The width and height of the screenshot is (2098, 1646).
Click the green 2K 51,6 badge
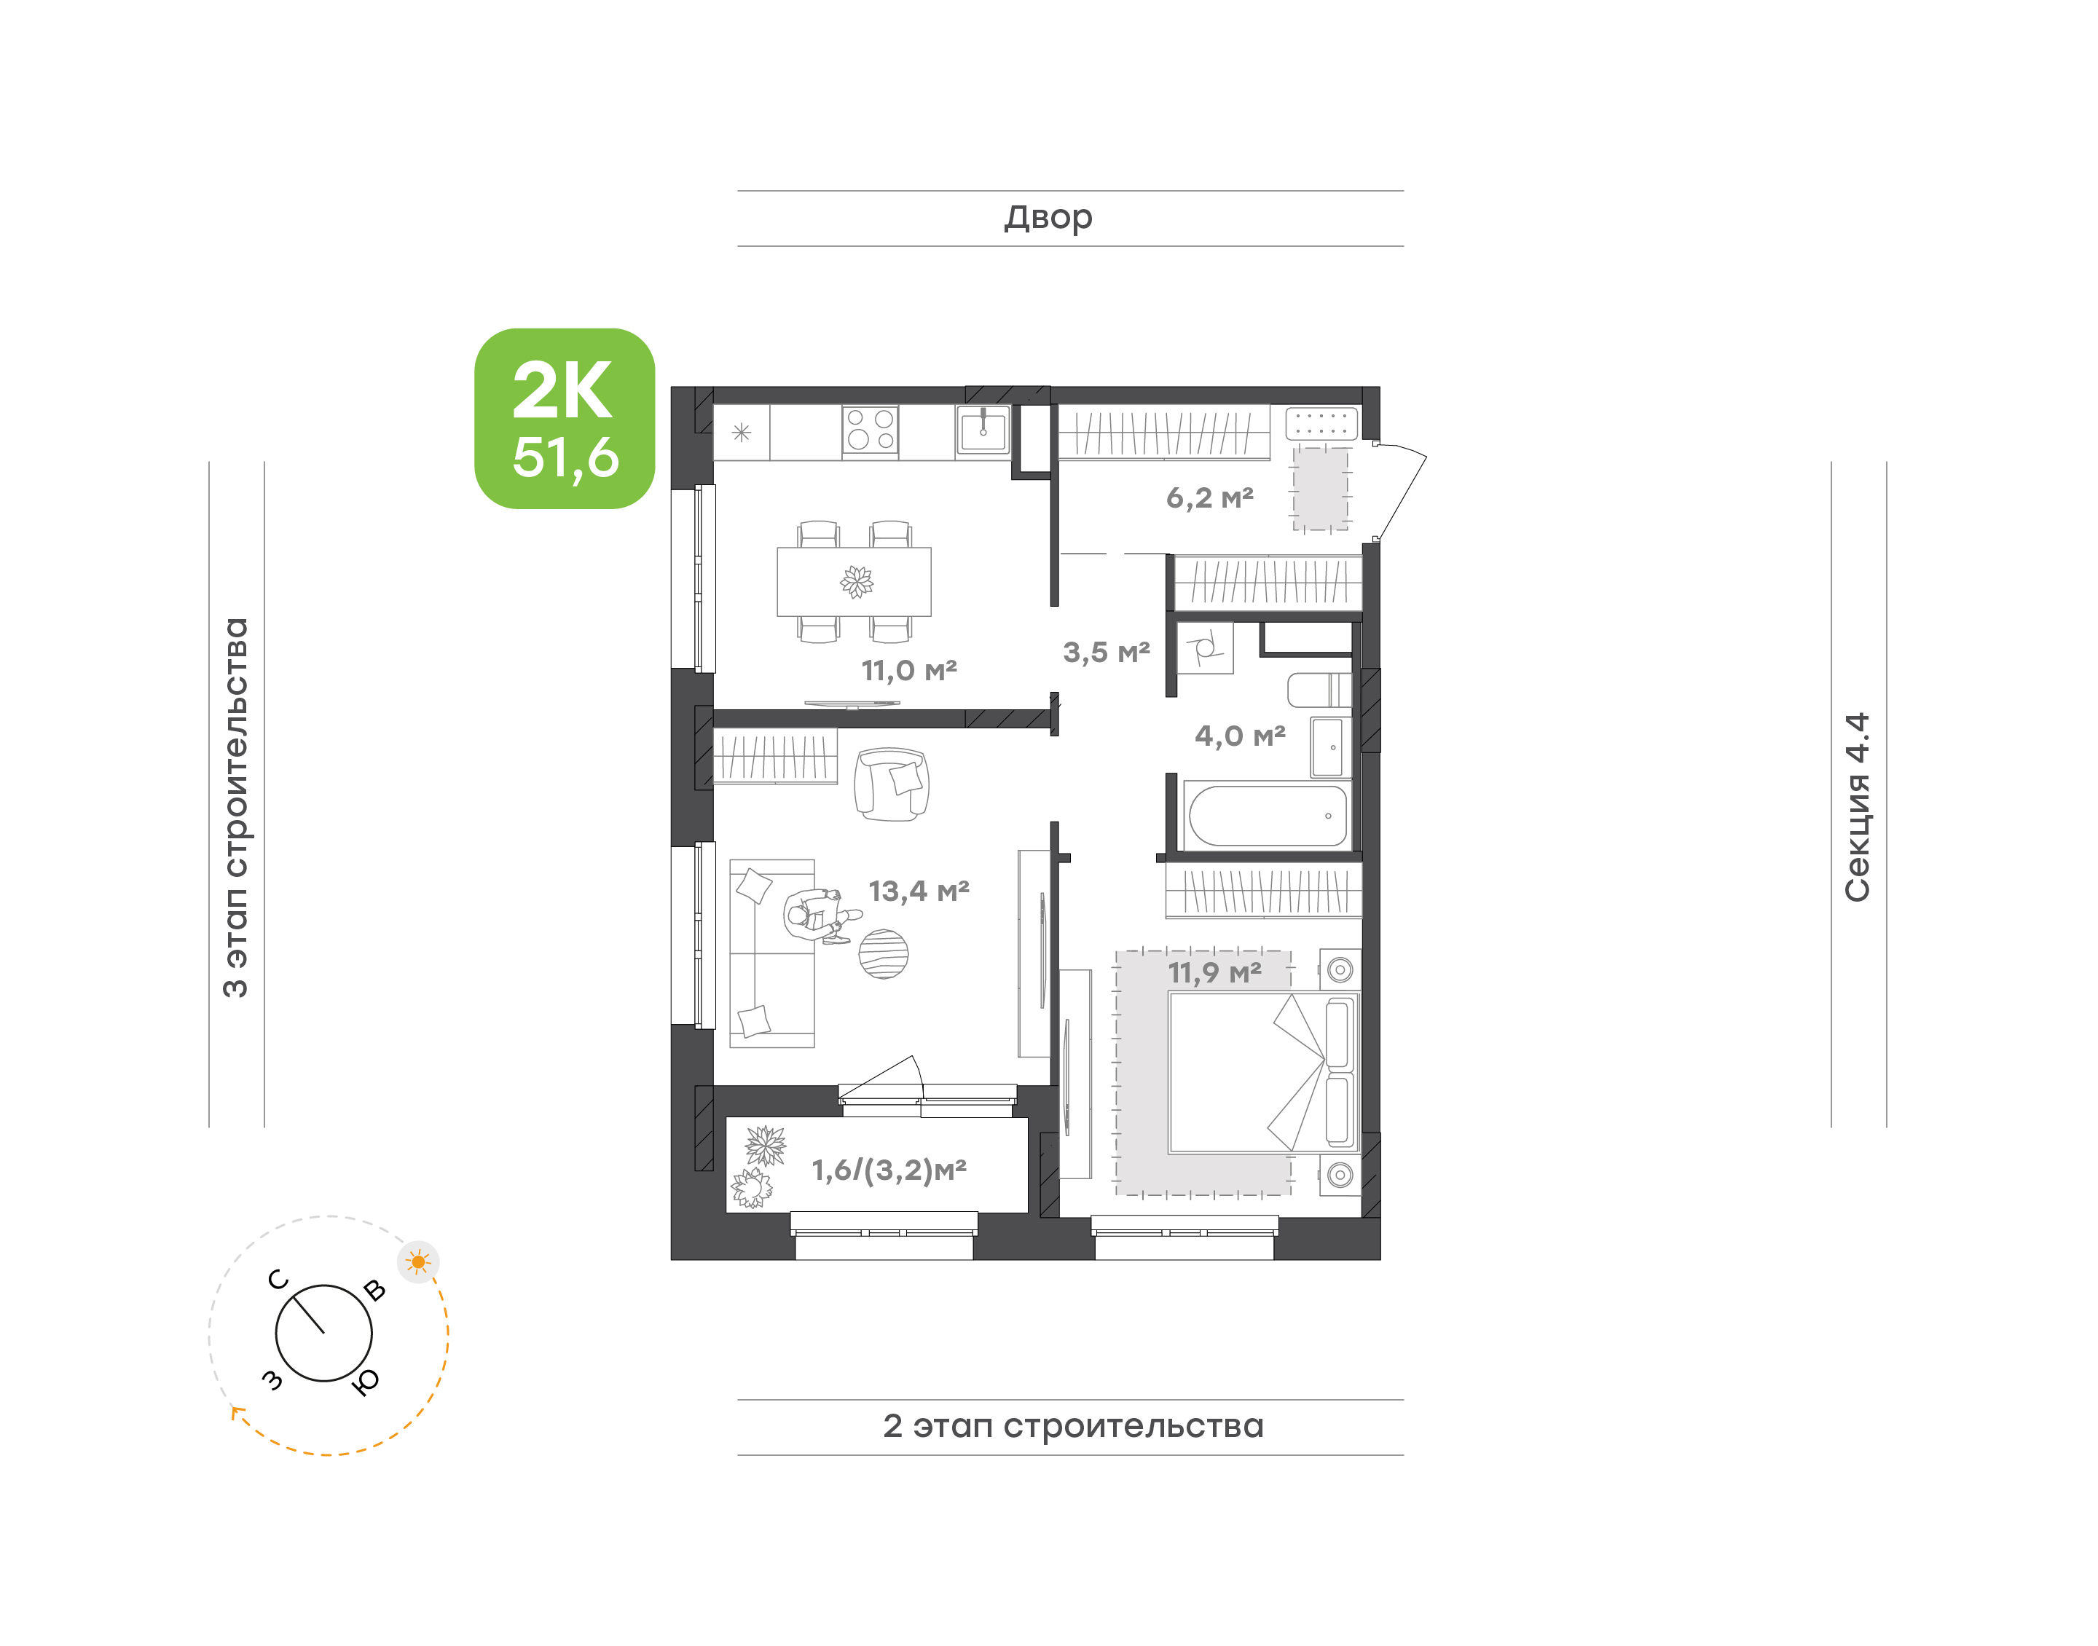[564, 418]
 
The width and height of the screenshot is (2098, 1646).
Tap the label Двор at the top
[1048, 218]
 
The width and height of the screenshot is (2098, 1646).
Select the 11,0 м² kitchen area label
[908, 670]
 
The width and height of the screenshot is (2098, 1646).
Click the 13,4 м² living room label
[919, 891]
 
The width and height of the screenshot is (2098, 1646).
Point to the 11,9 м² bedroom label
[1214, 972]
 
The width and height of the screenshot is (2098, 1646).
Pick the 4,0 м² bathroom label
[1239, 736]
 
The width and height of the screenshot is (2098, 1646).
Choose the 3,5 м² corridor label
[1107, 653]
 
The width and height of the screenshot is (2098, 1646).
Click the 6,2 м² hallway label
[1209, 498]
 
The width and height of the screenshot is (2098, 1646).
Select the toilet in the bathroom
[1319, 690]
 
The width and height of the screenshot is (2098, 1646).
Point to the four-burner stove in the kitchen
[871, 430]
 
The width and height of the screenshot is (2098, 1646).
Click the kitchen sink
[983, 430]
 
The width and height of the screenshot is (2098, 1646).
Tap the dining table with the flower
[854, 581]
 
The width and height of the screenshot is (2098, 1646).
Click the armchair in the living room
[892, 784]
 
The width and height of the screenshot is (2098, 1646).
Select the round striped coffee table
[883, 953]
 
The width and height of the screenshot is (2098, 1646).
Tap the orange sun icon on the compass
[418, 1261]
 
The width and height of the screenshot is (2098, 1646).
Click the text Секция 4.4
[1857, 808]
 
